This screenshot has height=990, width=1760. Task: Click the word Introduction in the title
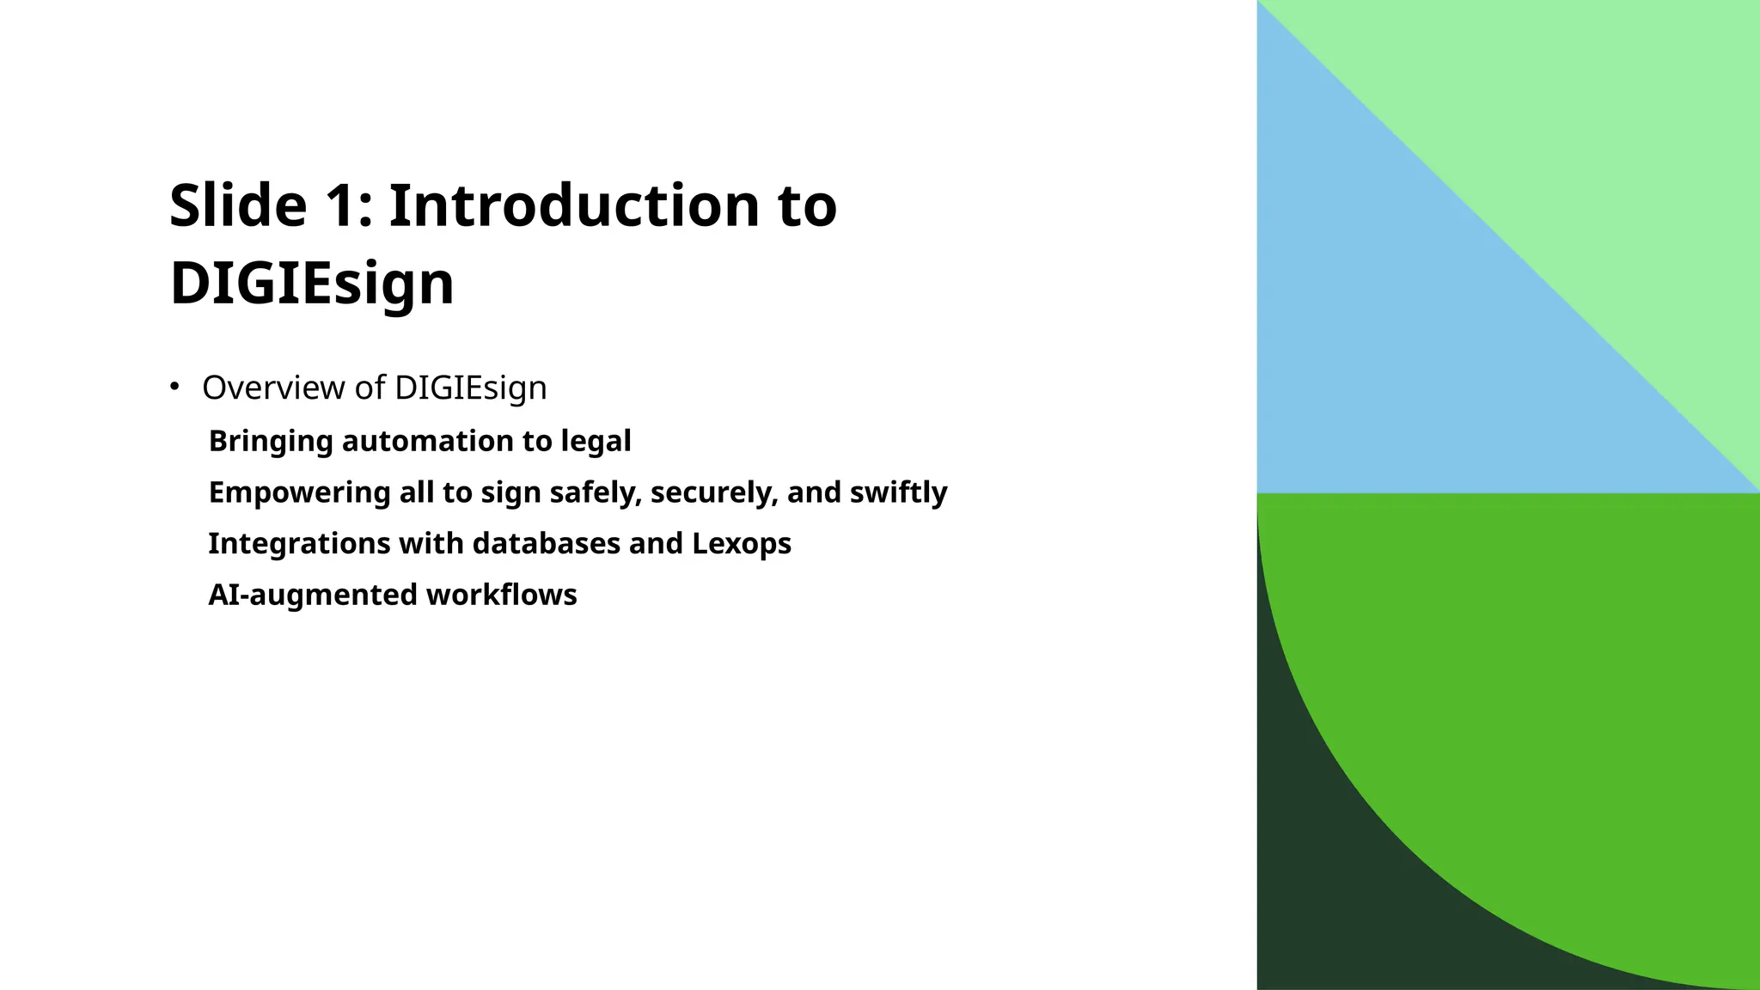point(574,206)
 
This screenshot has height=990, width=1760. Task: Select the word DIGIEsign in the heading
point(312,284)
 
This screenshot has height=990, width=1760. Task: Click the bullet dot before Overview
point(174,387)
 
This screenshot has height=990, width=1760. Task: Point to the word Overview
point(273,388)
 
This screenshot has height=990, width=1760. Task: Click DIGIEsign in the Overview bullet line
point(471,388)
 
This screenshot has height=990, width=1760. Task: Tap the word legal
point(596,441)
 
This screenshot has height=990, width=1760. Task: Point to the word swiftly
point(898,492)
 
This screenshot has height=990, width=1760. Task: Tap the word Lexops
point(742,543)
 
